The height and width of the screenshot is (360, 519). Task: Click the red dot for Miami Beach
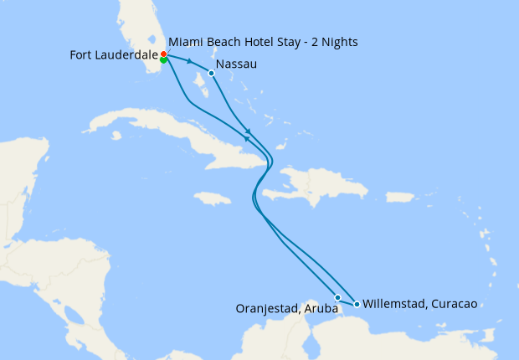pos(163,54)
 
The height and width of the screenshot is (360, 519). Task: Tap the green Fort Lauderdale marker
pos(163,60)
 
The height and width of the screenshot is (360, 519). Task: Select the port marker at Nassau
pos(211,73)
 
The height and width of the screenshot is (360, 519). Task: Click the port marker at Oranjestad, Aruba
pos(337,297)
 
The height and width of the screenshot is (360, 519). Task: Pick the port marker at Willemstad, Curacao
pos(357,304)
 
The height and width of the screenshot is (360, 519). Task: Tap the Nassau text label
pos(235,64)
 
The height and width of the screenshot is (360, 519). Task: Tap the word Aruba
pos(321,309)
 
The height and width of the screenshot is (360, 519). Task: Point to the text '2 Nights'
pos(342,41)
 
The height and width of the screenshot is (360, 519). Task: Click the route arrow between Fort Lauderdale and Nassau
pos(190,62)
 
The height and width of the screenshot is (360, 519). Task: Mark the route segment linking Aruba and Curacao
pos(347,301)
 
